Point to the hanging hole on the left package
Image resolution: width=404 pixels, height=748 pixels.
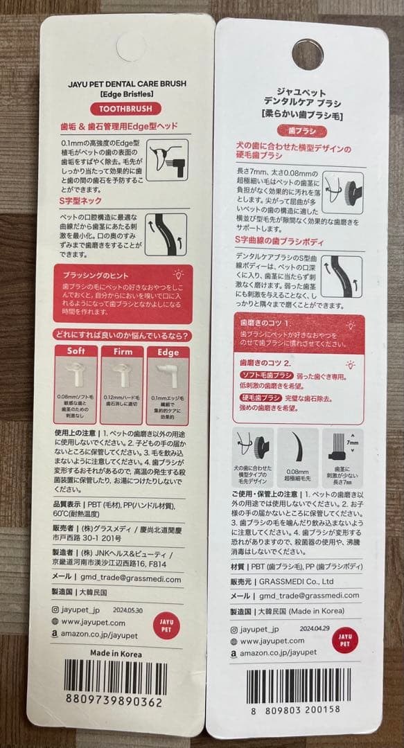[x=131, y=46]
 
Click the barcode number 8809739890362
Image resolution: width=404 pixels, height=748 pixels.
[x=114, y=701]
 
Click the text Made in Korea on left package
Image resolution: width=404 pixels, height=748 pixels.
[x=116, y=654]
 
